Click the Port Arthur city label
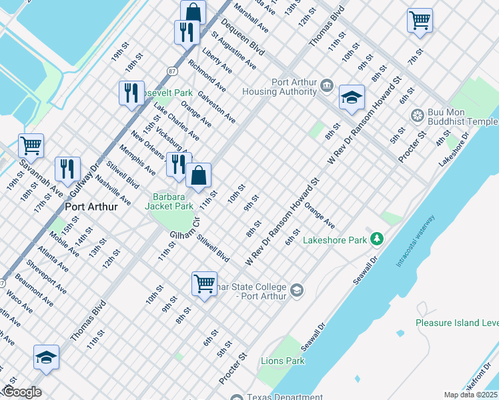pyautogui.click(x=91, y=207)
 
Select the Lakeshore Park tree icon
pyautogui.click(x=377, y=238)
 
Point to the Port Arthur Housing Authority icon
pyautogui.click(x=327, y=85)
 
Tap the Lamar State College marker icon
pyautogui.click(x=296, y=290)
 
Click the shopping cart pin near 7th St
pyautogui.click(x=420, y=20)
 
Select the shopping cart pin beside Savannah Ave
pyautogui.click(x=31, y=145)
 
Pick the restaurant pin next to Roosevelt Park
pyautogui.click(x=131, y=91)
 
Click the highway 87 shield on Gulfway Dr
pyautogui.click(x=172, y=70)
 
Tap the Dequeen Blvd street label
pyautogui.click(x=243, y=37)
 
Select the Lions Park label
pyautogui.click(x=282, y=361)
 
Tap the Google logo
pyautogui.click(x=21, y=392)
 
